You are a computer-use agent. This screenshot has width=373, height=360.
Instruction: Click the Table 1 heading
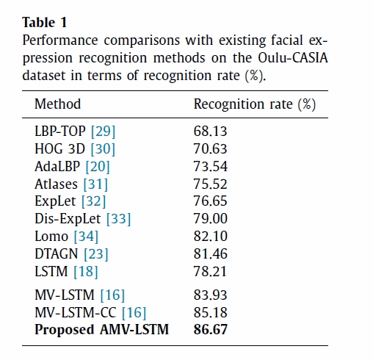pyautogui.click(x=45, y=23)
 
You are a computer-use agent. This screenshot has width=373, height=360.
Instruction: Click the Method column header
pyautogui.click(x=58, y=104)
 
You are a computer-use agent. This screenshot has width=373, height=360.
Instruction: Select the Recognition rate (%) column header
pyautogui.click(x=255, y=104)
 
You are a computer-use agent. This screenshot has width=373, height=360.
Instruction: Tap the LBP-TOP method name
pyautogui.click(x=60, y=131)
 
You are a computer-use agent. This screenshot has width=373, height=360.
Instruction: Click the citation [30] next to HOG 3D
pyautogui.click(x=103, y=149)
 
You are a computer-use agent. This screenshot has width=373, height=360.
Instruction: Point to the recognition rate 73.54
pyautogui.click(x=211, y=167)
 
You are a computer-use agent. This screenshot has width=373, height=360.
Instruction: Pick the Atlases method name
pyautogui.click(x=56, y=184)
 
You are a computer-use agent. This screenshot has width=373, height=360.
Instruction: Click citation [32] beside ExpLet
pyautogui.click(x=93, y=201)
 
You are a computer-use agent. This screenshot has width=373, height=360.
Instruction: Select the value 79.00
pyautogui.click(x=211, y=219)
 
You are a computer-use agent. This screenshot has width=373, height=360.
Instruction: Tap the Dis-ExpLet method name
pyautogui.click(x=68, y=219)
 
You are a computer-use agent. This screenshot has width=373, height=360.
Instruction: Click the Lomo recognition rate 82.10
pyautogui.click(x=211, y=237)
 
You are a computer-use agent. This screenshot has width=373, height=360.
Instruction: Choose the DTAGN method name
pyautogui.click(x=57, y=253)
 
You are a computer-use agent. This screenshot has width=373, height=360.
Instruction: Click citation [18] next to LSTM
pyautogui.click(x=86, y=272)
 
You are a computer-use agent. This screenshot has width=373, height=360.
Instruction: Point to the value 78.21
pyautogui.click(x=210, y=272)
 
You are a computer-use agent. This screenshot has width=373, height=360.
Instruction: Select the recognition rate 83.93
pyautogui.click(x=211, y=295)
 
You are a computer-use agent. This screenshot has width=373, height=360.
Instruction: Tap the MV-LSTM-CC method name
pyautogui.click(x=76, y=312)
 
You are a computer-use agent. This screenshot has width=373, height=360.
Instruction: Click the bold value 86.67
pyautogui.click(x=211, y=330)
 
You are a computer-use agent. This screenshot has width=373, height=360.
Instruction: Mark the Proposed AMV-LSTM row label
pyautogui.click(x=102, y=330)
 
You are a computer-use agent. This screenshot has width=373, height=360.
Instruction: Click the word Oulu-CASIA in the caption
pyautogui.click(x=293, y=58)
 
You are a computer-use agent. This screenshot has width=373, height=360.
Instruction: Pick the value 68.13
pyautogui.click(x=211, y=132)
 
